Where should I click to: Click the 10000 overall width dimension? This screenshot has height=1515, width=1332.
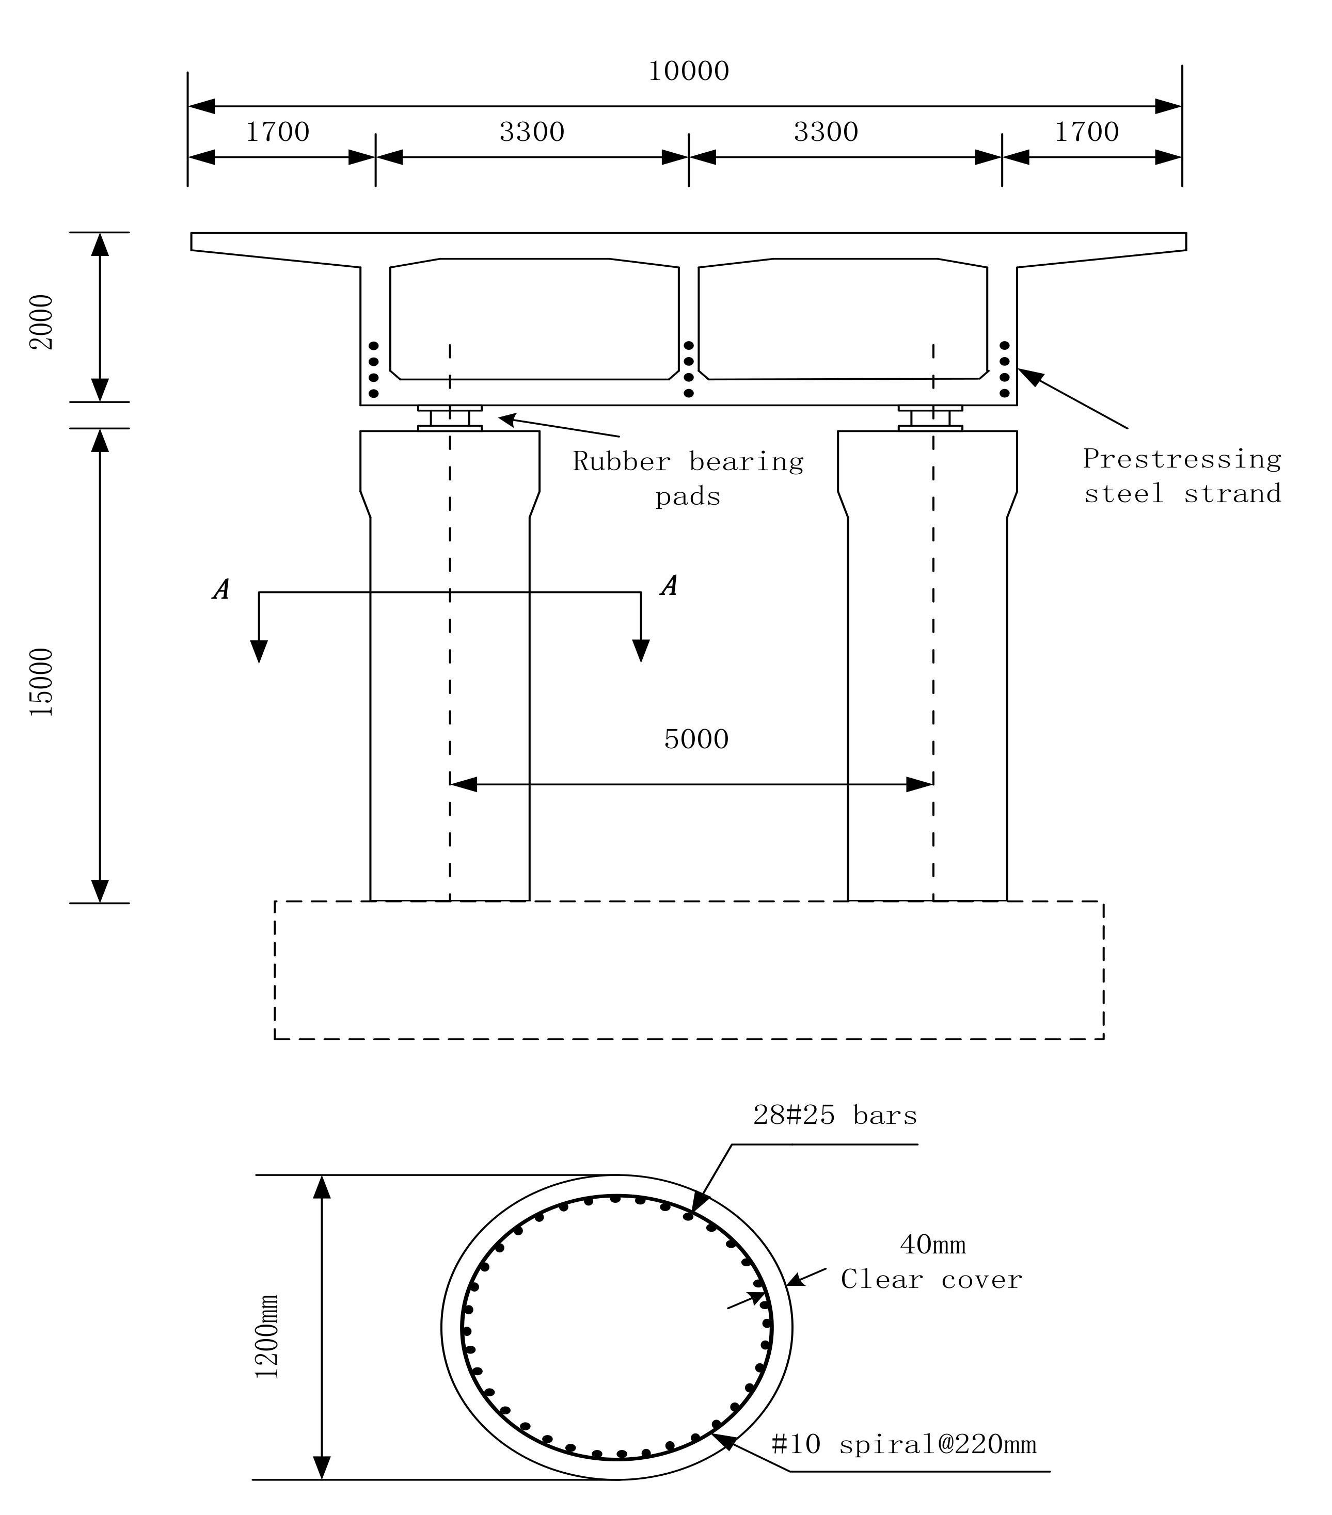tap(688, 72)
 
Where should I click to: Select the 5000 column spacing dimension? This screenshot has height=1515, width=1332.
tap(695, 739)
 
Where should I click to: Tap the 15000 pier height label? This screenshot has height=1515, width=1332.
tap(42, 682)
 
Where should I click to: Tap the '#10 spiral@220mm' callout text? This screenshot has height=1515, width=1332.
tap(903, 1444)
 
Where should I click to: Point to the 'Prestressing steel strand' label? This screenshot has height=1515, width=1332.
tap(1181, 476)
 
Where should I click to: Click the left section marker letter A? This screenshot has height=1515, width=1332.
tap(220, 589)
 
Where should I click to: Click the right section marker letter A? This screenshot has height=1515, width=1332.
tap(668, 586)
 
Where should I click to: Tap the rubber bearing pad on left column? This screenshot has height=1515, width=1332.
tap(450, 418)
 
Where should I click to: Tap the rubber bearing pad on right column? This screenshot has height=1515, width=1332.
tap(930, 418)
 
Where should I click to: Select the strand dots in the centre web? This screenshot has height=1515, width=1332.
tap(688, 369)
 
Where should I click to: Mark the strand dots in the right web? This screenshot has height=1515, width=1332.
tap(1004, 369)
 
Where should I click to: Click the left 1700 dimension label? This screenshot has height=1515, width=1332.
tap(277, 133)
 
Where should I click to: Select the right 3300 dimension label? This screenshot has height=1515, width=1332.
tap(826, 133)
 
